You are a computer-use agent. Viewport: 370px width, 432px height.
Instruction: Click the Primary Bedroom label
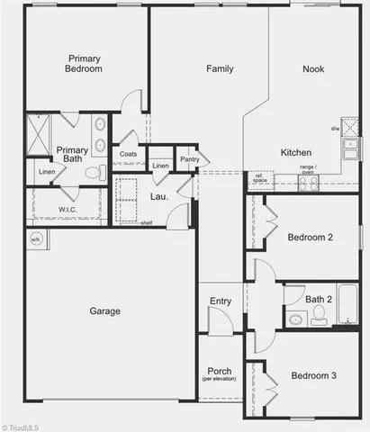pyautogui.click(x=83, y=65)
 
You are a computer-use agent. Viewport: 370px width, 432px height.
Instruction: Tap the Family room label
pyautogui.click(x=221, y=69)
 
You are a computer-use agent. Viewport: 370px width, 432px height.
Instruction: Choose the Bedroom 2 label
pyautogui.click(x=310, y=238)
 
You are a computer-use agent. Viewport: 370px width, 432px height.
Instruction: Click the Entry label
pyautogui.click(x=220, y=301)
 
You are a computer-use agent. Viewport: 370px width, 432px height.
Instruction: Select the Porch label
pyautogui.click(x=220, y=372)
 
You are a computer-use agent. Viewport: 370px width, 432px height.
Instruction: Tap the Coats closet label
pyautogui.click(x=129, y=154)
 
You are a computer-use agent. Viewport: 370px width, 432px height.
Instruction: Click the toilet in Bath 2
pyautogui.click(x=318, y=316)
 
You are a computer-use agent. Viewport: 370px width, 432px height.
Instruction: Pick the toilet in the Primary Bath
pyautogui.click(x=90, y=174)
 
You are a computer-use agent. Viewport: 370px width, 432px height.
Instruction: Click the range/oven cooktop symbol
pyautogui.click(x=308, y=183)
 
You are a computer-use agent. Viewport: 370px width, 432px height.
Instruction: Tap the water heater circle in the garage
pyautogui.click(x=37, y=239)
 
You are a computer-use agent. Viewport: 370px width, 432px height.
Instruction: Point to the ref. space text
pyautogui.click(x=259, y=178)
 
